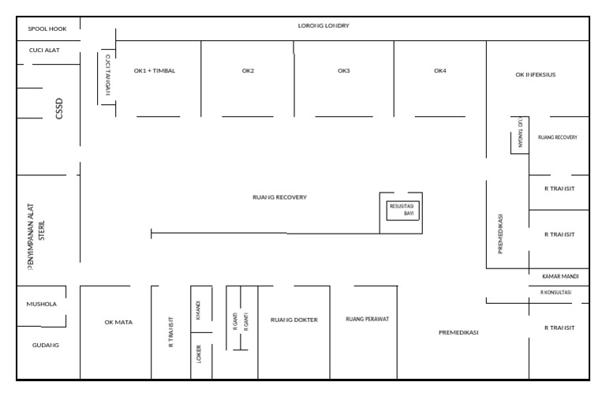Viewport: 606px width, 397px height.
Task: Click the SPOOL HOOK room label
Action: pos(47,29)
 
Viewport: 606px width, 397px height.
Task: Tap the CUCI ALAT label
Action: pos(44,51)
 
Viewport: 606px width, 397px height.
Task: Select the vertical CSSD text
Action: pos(58,107)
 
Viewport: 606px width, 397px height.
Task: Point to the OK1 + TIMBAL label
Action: pos(155,71)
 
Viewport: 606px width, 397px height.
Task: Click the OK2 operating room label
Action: pos(248,71)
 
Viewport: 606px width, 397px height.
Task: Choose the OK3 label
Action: pos(343,71)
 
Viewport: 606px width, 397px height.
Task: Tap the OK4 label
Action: pos(440,71)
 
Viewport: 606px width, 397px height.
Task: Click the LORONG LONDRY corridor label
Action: pos(324,26)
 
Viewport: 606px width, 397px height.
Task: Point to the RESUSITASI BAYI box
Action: pos(402,209)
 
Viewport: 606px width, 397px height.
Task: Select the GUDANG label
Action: pos(46,345)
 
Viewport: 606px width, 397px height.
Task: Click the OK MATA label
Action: pos(118,322)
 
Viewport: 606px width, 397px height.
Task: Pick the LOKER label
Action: pos(199,353)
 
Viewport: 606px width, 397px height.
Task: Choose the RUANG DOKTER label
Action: pos(294,320)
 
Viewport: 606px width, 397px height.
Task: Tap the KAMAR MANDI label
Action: pos(561,276)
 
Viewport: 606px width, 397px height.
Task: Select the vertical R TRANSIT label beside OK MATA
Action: pos(171,332)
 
